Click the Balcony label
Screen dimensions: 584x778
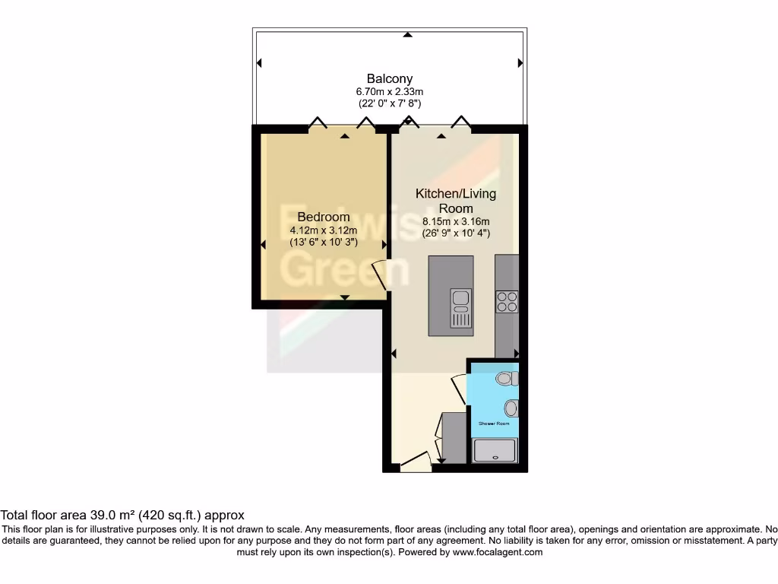pos(390,78)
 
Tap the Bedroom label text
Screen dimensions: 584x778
pos(324,217)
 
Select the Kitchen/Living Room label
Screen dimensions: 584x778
pos(455,201)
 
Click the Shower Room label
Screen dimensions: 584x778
pos(493,424)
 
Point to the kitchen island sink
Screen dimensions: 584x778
pos(460,308)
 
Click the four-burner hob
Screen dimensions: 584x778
pos(507,302)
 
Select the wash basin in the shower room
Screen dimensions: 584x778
pos(511,408)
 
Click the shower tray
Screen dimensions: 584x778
pos(495,451)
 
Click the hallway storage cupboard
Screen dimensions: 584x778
pos(454,437)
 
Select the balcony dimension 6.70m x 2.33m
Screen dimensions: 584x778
pos(390,91)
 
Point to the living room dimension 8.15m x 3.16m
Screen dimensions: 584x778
pos(456,222)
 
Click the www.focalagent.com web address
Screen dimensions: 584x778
pos(498,552)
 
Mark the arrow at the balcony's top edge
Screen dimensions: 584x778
pos(408,34)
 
